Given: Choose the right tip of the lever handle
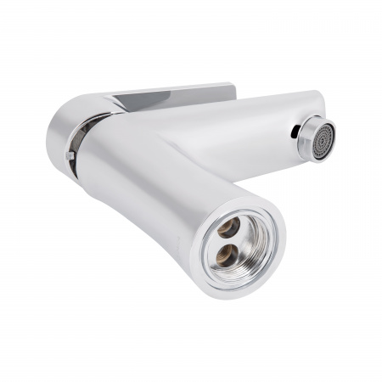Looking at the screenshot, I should (232, 87).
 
